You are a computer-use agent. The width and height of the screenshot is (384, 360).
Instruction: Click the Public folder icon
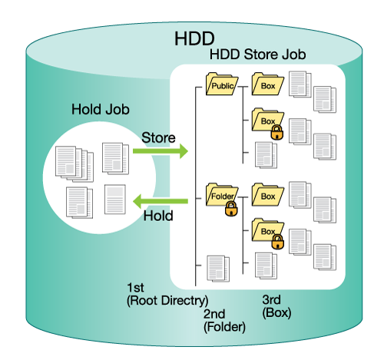222,84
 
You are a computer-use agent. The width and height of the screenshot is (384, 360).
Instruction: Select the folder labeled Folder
222,194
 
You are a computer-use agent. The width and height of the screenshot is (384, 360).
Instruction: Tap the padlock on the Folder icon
231,209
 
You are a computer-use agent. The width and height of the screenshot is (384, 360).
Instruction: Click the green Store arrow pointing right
161,151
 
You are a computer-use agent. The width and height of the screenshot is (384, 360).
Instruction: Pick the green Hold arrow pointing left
161,201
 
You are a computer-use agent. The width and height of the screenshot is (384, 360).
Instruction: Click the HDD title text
194,38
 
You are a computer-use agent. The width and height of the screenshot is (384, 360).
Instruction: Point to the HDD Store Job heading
258,54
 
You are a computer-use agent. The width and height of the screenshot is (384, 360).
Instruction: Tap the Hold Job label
101,109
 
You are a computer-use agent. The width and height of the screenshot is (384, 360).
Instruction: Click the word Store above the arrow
158,137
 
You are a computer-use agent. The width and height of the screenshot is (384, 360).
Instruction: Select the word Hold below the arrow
158,216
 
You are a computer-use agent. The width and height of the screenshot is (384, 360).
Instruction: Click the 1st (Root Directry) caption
167,294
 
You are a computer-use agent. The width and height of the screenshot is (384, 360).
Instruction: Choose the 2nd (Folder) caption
224,321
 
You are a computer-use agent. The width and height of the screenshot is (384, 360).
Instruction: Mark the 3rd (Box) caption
276,306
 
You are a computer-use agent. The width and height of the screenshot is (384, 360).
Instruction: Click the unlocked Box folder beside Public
268,84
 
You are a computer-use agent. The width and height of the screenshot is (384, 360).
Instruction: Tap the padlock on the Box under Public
277,132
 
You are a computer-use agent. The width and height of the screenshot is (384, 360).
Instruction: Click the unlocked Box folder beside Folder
268,194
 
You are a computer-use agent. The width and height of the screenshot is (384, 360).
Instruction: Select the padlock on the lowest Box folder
277,242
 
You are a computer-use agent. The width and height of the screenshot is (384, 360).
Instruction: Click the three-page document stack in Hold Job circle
74,164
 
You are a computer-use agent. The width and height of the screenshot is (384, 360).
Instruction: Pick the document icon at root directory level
218,269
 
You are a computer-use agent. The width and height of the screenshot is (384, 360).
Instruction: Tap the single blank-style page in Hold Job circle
115,200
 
